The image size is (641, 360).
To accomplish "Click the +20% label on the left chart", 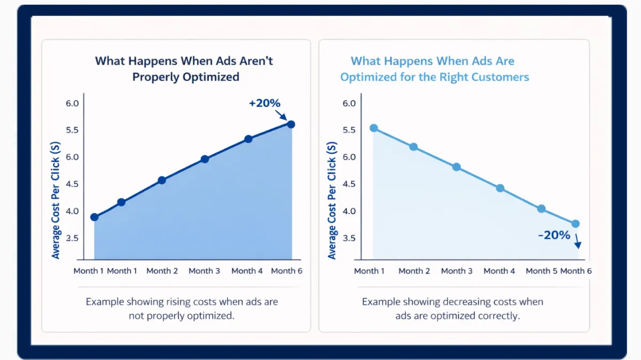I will (x=264, y=103).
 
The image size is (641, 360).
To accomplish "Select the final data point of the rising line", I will (x=291, y=124).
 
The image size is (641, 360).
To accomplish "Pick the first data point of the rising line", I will (x=95, y=217).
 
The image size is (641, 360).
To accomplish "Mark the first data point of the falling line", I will (x=374, y=128).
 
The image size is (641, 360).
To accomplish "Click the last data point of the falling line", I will (x=575, y=224).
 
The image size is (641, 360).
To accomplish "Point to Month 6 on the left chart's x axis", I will (x=286, y=271).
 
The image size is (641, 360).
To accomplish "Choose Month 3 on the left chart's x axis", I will (x=204, y=271).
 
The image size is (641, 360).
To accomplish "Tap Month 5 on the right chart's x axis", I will (x=542, y=271).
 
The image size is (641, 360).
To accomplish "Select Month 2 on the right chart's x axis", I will (x=414, y=271).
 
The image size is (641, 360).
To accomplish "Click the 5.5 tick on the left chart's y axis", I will (x=72, y=130).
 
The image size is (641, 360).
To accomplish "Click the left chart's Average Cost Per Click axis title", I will (x=56, y=200).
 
